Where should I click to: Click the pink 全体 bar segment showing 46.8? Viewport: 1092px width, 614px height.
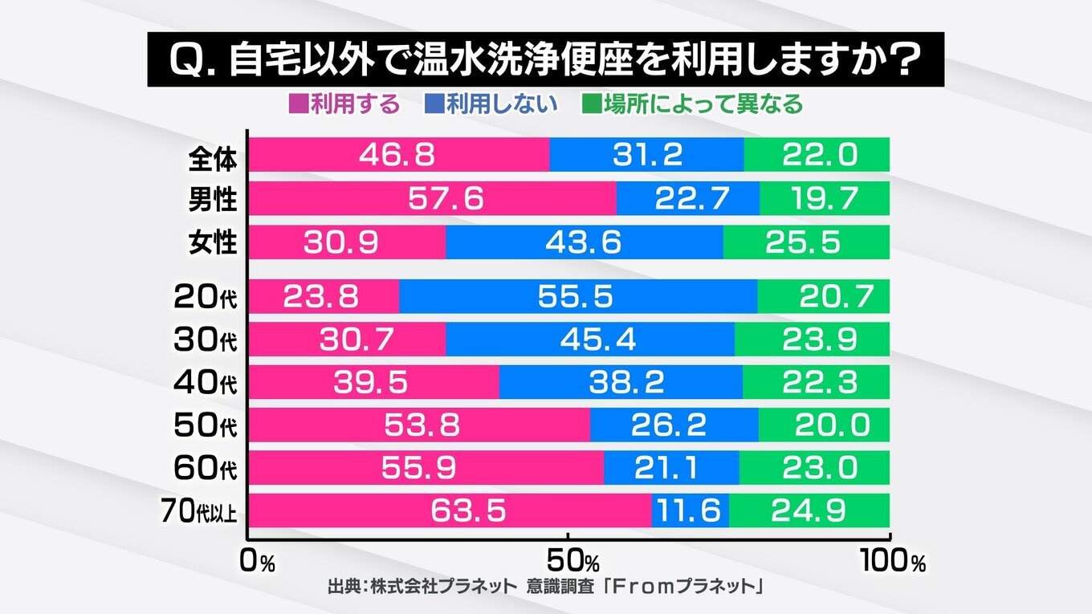pos(399,154)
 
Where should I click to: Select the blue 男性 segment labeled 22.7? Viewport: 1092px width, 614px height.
pos(688,198)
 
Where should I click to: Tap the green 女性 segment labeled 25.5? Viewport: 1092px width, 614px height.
pos(806,242)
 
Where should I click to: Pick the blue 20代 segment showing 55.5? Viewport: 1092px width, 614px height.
pos(578,296)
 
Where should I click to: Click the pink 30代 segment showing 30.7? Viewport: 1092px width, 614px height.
pos(347,340)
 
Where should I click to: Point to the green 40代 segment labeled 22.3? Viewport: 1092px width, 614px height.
pos(816,383)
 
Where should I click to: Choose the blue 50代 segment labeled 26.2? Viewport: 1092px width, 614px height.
pos(674,425)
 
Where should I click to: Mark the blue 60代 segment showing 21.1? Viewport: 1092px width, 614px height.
pos(671,468)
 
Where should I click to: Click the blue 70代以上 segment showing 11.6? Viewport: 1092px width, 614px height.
pos(691,511)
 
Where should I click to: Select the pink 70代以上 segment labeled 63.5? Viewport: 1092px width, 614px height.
pos(450,511)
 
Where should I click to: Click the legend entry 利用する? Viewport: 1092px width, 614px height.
pos(344,104)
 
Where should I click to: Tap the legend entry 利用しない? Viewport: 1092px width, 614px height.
pos(491,104)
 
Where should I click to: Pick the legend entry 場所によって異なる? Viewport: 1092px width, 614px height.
pos(692,104)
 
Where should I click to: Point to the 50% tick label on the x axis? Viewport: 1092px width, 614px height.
pos(576,561)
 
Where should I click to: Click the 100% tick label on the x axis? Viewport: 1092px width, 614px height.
pos(893,561)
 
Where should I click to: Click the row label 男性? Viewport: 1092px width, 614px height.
pos(213,198)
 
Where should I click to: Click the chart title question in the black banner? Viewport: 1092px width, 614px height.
pos(545,59)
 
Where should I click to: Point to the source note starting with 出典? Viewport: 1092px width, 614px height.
pos(545,587)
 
